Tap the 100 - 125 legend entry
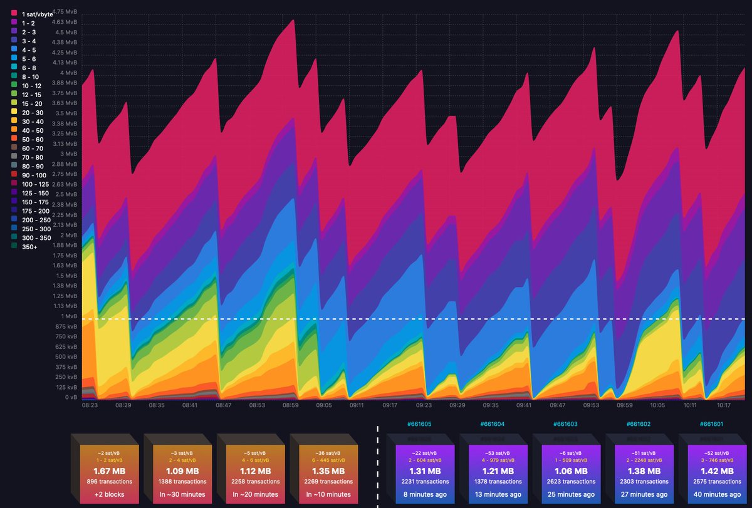[35, 184]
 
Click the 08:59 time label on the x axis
[290, 406]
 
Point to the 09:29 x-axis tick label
[457, 406]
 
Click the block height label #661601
[711, 425]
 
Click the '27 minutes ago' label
[637, 495]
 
